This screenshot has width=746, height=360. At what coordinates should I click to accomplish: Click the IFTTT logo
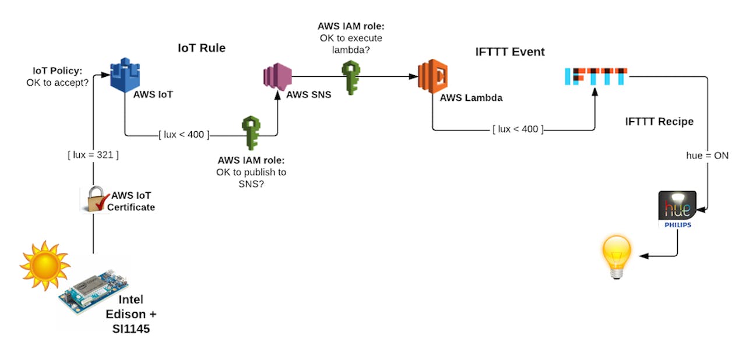point(596,77)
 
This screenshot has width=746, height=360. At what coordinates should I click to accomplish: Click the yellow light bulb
point(617,256)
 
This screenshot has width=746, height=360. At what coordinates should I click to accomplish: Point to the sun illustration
point(44,265)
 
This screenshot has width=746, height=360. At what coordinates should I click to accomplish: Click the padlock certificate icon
point(93,199)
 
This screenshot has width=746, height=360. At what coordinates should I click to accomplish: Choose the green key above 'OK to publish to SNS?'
point(251,133)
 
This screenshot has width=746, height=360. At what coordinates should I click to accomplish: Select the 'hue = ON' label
point(707,156)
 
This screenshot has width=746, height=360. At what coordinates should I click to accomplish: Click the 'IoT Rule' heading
point(201,48)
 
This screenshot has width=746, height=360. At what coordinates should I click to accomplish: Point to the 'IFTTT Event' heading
point(509,52)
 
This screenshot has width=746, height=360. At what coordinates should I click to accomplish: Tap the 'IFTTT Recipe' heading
point(659,121)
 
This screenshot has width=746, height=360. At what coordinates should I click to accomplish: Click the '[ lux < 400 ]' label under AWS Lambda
point(517,129)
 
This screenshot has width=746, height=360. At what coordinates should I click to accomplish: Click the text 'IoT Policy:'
point(57,72)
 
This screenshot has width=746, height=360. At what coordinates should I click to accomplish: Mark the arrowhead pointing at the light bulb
point(643,256)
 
